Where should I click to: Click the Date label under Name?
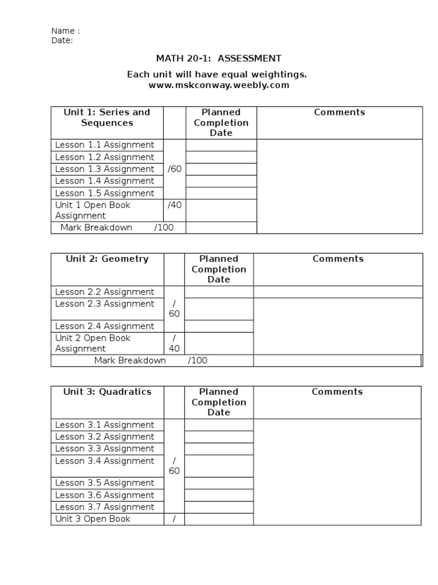point(62,41)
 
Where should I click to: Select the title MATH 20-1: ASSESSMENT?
point(218,58)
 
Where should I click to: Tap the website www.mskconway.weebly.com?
point(219,85)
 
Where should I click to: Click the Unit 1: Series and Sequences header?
point(107,118)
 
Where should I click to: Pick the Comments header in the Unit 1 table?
point(339,113)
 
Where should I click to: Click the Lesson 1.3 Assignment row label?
point(104,169)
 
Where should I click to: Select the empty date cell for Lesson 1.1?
point(221,145)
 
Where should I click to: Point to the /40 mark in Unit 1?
point(175,205)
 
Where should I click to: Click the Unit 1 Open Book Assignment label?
point(93,210)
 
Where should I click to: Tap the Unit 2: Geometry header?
point(107,259)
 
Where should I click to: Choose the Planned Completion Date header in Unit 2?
point(218,269)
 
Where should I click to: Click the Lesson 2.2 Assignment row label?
point(104,292)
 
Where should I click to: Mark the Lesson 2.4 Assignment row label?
point(104,326)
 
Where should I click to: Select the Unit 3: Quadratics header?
point(107,392)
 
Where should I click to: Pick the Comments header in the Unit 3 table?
point(337,392)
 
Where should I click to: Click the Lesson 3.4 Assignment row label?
point(104,461)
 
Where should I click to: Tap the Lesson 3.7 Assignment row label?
point(104,507)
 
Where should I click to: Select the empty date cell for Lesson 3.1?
point(218,425)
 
